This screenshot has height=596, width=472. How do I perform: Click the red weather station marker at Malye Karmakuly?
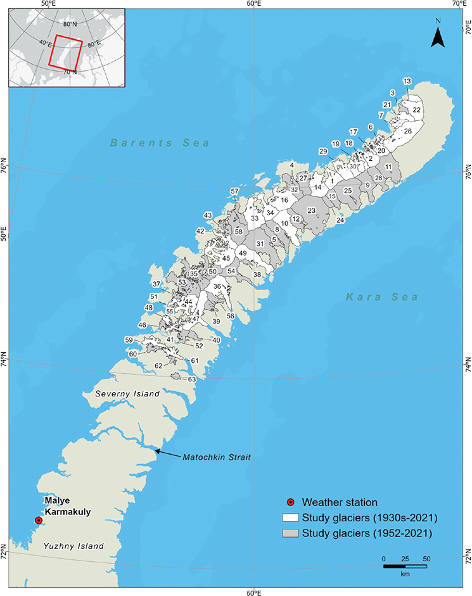[x=39, y=520]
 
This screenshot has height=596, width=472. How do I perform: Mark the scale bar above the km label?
[x=405, y=566]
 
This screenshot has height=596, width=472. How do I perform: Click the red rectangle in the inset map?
[x=66, y=53]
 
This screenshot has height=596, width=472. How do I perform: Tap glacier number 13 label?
[x=407, y=81]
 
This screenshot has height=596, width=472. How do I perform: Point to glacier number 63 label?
[x=192, y=379]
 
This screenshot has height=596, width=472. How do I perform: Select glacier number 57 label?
[x=234, y=191]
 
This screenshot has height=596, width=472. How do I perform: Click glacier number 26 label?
[x=408, y=131]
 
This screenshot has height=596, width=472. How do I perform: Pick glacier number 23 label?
[x=311, y=210]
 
